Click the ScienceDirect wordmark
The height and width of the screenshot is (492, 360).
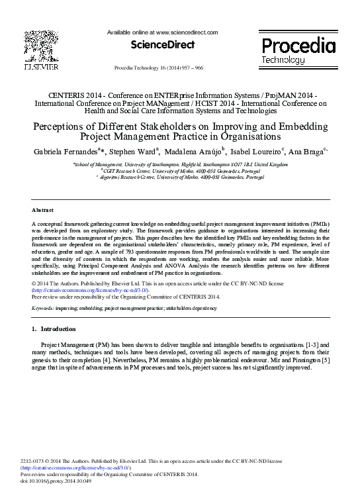point(162,45)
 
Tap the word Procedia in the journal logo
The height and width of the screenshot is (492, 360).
point(298,46)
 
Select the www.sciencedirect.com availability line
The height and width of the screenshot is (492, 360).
point(162,32)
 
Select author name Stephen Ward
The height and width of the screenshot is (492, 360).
point(137,152)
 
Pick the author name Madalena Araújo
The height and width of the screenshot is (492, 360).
point(197,152)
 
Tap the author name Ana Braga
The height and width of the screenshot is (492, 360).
point(306,152)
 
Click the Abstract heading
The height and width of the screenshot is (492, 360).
point(42,210)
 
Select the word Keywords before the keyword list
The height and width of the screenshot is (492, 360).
point(43,309)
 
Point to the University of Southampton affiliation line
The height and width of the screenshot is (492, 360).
point(180,164)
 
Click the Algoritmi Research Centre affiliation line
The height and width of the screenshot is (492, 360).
point(180,177)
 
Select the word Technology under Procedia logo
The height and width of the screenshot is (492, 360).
point(283,60)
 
